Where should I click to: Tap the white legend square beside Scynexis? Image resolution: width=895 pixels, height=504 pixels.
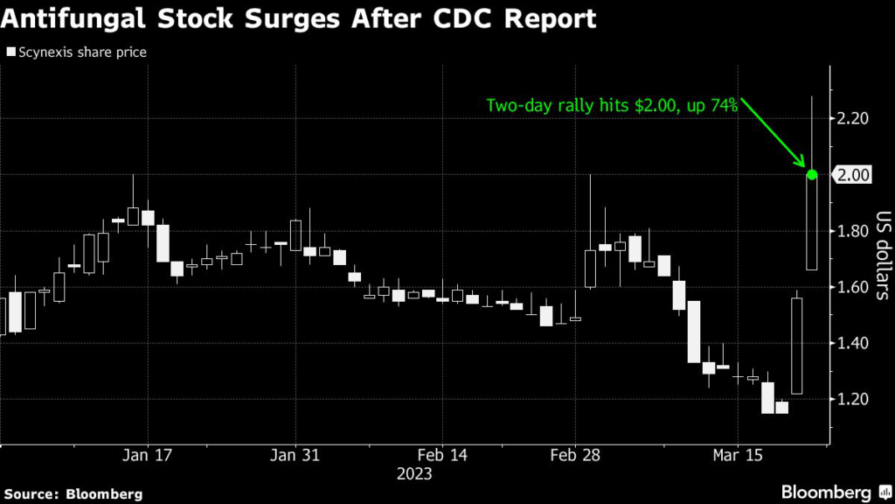10,52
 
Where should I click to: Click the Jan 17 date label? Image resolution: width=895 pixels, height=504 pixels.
148,456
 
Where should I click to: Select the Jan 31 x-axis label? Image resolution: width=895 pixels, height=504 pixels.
295,456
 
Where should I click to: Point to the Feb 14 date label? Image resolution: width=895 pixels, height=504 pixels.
442,456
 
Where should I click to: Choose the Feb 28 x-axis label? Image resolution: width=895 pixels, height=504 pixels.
590,456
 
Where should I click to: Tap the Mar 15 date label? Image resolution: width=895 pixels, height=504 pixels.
739,456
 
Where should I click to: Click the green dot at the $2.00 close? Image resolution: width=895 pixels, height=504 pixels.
811,175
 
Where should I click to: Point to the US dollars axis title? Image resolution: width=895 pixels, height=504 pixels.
882,255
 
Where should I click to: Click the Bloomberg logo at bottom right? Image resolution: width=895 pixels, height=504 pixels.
825,493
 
